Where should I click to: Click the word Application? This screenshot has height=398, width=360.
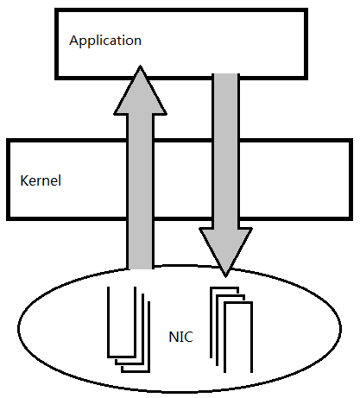click(x=105, y=41)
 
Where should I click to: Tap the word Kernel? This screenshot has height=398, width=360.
click(x=41, y=180)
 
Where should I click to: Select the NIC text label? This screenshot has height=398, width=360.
click(x=180, y=337)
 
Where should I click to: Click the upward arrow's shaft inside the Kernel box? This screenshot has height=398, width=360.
click(x=140, y=180)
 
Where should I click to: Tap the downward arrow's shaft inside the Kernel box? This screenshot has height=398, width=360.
click(x=226, y=180)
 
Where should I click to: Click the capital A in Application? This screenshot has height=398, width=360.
click(x=73, y=40)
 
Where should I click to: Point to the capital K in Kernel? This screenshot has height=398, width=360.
click(x=24, y=180)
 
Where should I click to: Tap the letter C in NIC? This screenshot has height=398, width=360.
click(x=188, y=337)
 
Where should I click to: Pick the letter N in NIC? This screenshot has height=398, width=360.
click(x=174, y=337)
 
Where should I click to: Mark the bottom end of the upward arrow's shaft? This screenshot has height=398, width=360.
click(x=140, y=269)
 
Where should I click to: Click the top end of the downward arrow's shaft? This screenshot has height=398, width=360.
click(x=226, y=74)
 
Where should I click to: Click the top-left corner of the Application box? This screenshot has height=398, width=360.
click(x=56, y=9)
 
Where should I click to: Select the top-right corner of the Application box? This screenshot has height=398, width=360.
click(x=306, y=9)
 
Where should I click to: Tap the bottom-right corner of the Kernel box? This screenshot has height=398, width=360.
click(x=351, y=219)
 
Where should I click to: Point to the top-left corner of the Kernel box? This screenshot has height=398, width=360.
click(x=8, y=140)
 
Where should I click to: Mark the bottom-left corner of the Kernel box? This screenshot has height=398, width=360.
click(x=8, y=219)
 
